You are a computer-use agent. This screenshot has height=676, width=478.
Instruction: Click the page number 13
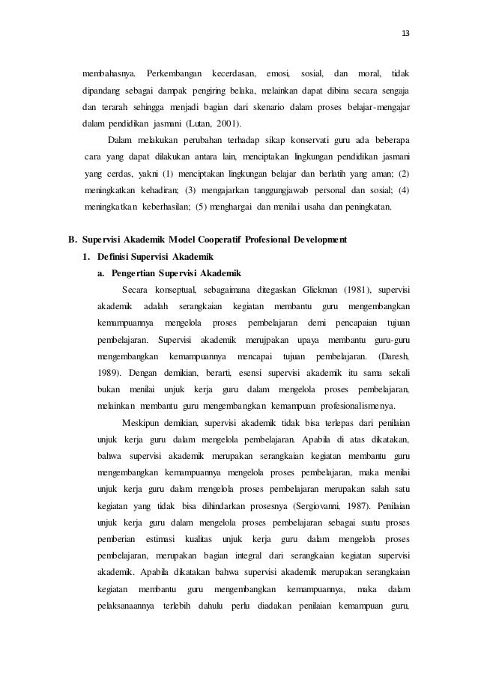[x=407, y=32]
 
